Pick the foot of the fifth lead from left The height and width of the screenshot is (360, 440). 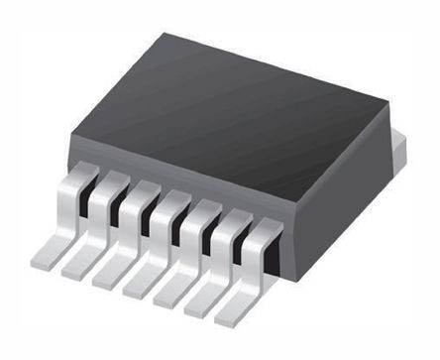click(x=173, y=292)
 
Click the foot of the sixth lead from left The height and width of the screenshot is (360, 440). click(x=205, y=301)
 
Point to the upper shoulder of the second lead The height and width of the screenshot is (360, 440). click(x=116, y=182)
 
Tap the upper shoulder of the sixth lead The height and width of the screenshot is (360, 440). click(x=235, y=219)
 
